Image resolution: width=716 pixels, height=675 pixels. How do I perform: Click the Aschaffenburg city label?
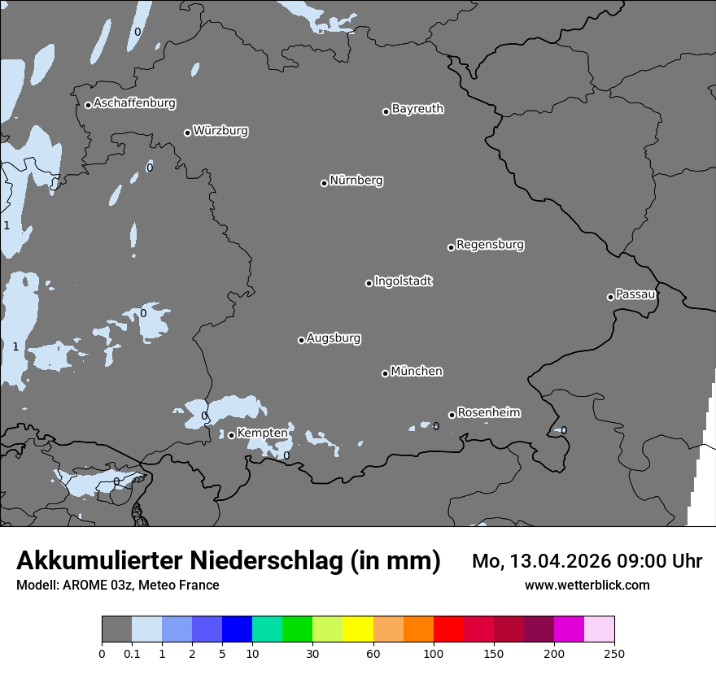pyautogui.click(x=134, y=103)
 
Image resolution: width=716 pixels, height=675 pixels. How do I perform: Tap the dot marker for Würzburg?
pyautogui.click(x=187, y=133)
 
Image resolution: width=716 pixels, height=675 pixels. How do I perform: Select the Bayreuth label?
pyautogui.click(x=417, y=108)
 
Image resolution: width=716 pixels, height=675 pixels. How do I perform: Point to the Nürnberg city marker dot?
pyautogui.click(x=324, y=183)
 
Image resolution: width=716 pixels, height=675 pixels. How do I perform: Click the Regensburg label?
pyautogui.click(x=490, y=244)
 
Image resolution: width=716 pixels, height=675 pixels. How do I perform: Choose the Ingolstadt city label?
pyautogui.click(x=403, y=281)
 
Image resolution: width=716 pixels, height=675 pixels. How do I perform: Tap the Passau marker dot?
pyautogui.click(x=610, y=297)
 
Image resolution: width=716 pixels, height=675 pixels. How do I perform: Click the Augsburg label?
pyautogui.click(x=334, y=337)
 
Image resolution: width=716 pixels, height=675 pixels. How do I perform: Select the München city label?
pyautogui.click(x=417, y=371)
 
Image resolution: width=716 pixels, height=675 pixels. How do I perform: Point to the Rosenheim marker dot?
pyautogui.click(x=452, y=416)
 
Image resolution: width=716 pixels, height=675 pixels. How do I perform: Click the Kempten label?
pyautogui.click(x=262, y=433)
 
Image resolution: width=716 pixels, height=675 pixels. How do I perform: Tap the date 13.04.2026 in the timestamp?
pyautogui.click(x=557, y=561)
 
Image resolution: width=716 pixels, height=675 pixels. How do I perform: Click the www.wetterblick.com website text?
pyautogui.click(x=587, y=585)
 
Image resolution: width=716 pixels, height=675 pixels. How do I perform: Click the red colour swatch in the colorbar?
pyautogui.click(x=448, y=629)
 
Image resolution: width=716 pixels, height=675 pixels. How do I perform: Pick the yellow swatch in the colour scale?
pyautogui.click(x=358, y=629)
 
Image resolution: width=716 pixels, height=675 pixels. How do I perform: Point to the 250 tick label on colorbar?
pyautogui.click(x=614, y=653)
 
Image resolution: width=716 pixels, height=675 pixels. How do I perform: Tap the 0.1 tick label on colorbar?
pyautogui.click(x=132, y=653)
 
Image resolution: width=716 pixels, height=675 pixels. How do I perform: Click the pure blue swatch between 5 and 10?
pyautogui.click(x=237, y=629)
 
